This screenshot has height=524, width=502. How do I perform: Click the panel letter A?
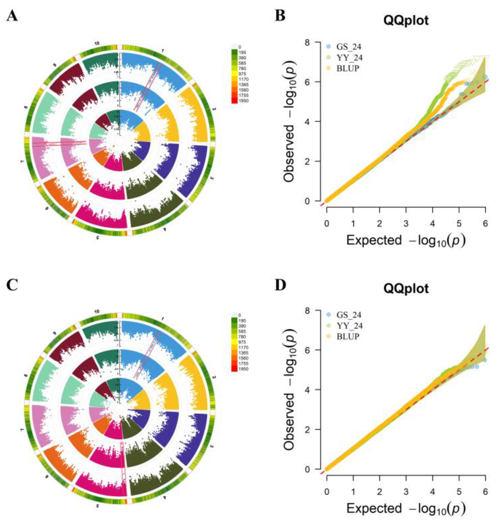pyautogui.click(x=12, y=17)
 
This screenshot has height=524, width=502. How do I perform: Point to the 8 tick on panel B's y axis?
pyautogui.click(x=310, y=42)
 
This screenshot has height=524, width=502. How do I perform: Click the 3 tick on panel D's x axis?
pyautogui.click(x=406, y=491)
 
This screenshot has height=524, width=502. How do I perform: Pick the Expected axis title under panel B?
pyautogui.click(x=406, y=240)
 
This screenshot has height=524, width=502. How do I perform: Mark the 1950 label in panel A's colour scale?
pyautogui.click(x=244, y=101)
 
